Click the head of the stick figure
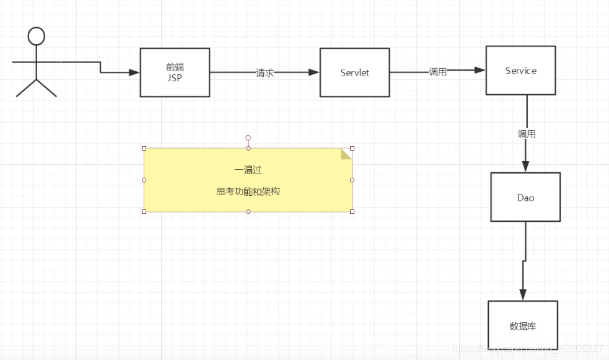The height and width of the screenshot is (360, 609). point(37,37)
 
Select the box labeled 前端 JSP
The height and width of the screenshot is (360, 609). point(175,72)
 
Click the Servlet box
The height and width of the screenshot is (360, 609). point(354,72)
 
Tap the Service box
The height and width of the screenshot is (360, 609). point(520,71)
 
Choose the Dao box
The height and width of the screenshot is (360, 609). point(525,197)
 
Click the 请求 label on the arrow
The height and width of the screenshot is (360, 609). point(265,72)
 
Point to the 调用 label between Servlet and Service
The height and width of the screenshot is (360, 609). point(437,72)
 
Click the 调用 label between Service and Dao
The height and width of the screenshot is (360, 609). point(527,134)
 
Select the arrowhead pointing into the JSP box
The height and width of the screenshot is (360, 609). point(134,72)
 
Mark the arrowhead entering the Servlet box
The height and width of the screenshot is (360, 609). point(314,72)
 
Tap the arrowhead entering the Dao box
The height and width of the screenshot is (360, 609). point(525,167)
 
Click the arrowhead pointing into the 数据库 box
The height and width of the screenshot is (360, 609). point(523,295)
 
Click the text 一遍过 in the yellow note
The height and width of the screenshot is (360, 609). point(248,170)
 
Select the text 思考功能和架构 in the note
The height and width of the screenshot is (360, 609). point(248,191)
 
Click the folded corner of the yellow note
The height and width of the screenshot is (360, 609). point(346,154)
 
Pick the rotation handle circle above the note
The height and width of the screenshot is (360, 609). point(248,138)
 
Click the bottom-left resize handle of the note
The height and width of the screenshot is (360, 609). point(144,212)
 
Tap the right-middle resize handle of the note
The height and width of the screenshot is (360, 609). point(352,180)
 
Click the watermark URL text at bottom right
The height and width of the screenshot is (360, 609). point(527,349)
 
